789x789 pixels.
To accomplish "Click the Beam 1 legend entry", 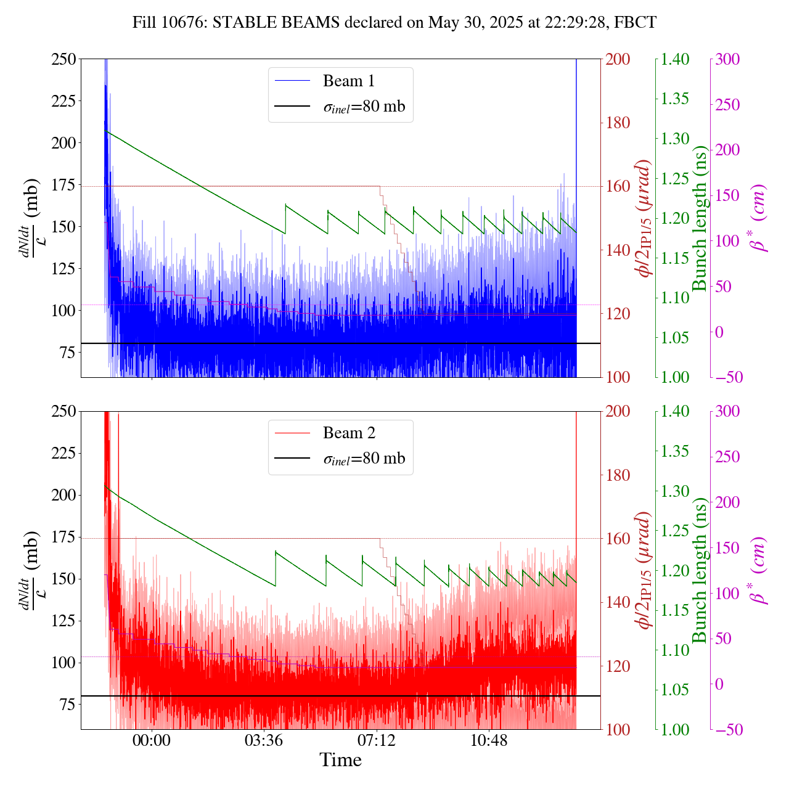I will (x=348, y=81).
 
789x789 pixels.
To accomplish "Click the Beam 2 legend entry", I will (x=348, y=433).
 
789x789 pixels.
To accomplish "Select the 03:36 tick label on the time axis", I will (x=264, y=740).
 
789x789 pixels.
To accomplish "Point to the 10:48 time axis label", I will (x=489, y=740).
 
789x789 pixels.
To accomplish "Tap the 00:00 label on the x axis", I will (x=152, y=740).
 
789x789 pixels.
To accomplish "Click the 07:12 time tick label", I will (x=377, y=740).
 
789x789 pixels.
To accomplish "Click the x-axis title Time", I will (x=340, y=760).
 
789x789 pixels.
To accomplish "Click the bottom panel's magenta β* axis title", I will (x=759, y=570).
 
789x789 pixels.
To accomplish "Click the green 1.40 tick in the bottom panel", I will (x=676, y=412).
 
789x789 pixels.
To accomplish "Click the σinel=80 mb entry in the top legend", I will (x=364, y=107).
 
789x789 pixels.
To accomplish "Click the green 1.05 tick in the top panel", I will (x=676, y=338).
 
